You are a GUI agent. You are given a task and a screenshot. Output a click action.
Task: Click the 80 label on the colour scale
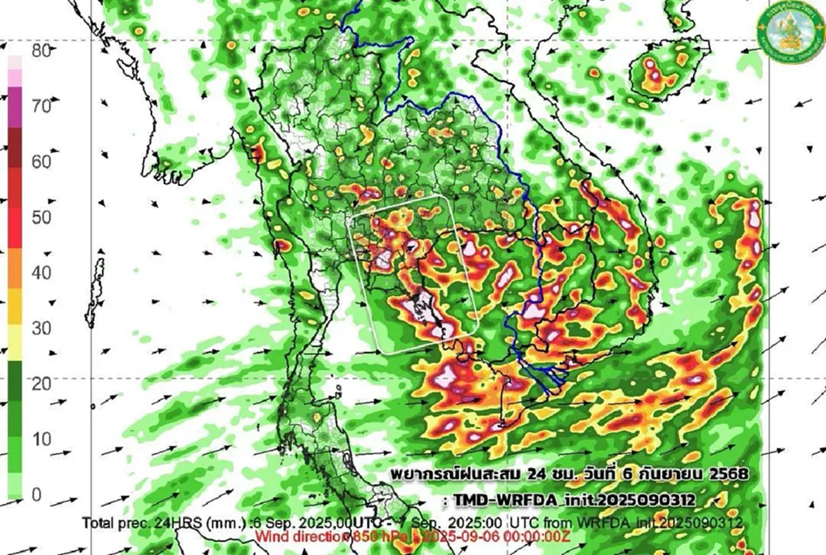(x=42, y=51)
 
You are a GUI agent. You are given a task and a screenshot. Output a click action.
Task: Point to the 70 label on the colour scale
(x=42, y=107)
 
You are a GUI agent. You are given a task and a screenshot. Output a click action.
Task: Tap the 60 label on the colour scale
(x=42, y=163)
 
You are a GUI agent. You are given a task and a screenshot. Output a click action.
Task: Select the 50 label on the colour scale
(x=42, y=218)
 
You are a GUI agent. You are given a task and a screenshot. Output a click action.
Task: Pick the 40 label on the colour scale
(x=42, y=273)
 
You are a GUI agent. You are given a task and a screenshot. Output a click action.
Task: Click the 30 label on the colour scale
(x=42, y=328)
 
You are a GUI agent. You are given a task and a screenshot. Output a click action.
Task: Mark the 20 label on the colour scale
(x=42, y=384)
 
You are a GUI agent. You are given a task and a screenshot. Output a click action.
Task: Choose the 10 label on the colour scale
(x=42, y=439)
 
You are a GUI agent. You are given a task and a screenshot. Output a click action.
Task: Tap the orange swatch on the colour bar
(x=15, y=272)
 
